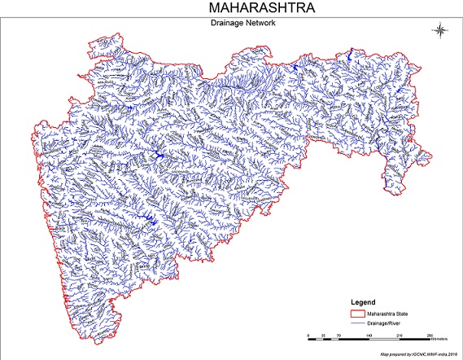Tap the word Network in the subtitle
(x=256, y=24)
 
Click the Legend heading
(x=365, y=299)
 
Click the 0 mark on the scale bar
(x=308, y=336)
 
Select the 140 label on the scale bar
(x=369, y=336)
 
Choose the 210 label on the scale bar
(x=399, y=336)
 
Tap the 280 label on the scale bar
(x=429, y=336)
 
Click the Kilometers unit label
(x=443, y=336)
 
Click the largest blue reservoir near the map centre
(x=157, y=154)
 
